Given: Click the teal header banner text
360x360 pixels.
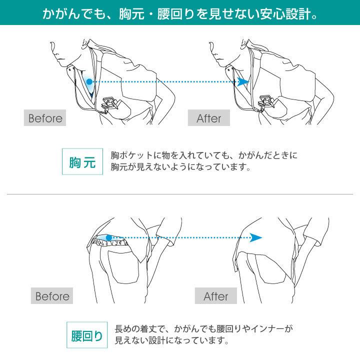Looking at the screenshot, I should (x=180, y=10).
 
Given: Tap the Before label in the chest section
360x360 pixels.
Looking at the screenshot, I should (x=45, y=118).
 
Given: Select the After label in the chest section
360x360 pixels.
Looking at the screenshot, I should (x=208, y=118).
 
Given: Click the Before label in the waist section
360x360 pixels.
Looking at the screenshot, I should (x=52, y=296).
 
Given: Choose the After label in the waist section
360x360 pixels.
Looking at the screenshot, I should (x=215, y=296).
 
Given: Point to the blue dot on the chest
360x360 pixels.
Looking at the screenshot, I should (x=88, y=81).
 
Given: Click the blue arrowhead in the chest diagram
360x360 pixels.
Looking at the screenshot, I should (x=243, y=81).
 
